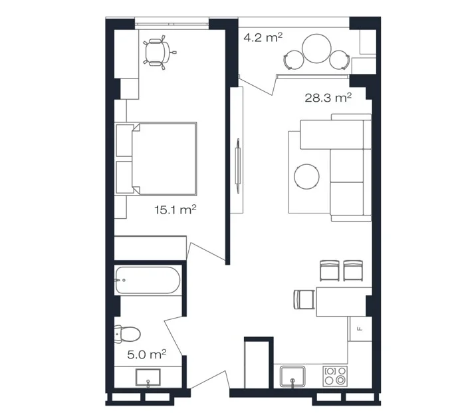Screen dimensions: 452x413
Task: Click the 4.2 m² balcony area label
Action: (x=263, y=37)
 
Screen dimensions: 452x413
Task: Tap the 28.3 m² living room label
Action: (x=328, y=98)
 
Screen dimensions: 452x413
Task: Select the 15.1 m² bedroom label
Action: (x=175, y=209)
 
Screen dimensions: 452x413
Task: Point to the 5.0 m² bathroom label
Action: (x=146, y=354)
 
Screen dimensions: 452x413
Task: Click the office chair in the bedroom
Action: (x=159, y=52)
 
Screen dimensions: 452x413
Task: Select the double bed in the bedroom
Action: (x=156, y=158)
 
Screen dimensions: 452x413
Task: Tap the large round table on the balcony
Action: (x=316, y=48)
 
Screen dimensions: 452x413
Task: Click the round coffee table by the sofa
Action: (x=306, y=176)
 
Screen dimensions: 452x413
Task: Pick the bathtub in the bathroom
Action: (x=148, y=280)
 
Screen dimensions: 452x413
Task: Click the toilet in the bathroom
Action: (x=127, y=334)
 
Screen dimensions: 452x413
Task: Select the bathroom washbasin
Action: (x=148, y=377)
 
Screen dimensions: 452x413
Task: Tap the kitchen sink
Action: (x=292, y=376)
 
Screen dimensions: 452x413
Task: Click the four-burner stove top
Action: (x=335, y=376)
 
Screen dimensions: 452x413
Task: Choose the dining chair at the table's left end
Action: (x=304, y=300)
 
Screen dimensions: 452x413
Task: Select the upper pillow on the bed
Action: (x=124, y=140)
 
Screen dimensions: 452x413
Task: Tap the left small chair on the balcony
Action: (x=293, y=60)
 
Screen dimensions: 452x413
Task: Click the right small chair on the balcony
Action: (x=339, y=60)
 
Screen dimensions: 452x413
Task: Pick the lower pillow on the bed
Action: (x=124, y=177)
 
